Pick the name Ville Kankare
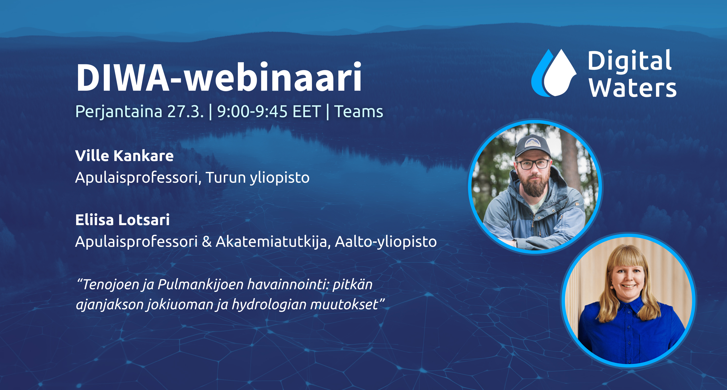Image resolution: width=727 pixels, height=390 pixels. [x=124, y=156]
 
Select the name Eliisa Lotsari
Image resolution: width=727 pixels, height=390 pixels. [x=122, y=220]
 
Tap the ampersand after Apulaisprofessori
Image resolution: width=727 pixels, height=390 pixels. [x=207, y=242]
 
